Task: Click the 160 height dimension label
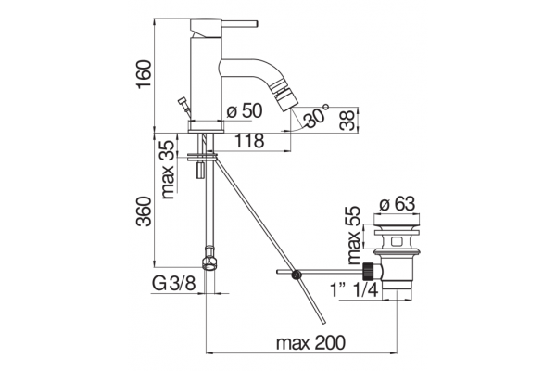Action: pyautogui.click(x=144, y=75)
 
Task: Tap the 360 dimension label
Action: pyautogui.click(x=145, y=211)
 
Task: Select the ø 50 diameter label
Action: pyautogui.click(x=245, y=110)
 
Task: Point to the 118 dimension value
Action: pyautogui.click(x=249, y=141)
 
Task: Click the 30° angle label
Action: pyautogui.click(x=317, y=115)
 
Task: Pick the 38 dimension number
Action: pyautogui.click(x=347, y=121)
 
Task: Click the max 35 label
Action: pyautogui.click(x=168, y=170)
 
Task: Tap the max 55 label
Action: pyautogui.click(x=354, y=236)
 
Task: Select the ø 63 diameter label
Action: pyautogui.click(x=397, y=204)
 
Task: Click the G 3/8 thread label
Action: pyautogui.click(x=174, y=284)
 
